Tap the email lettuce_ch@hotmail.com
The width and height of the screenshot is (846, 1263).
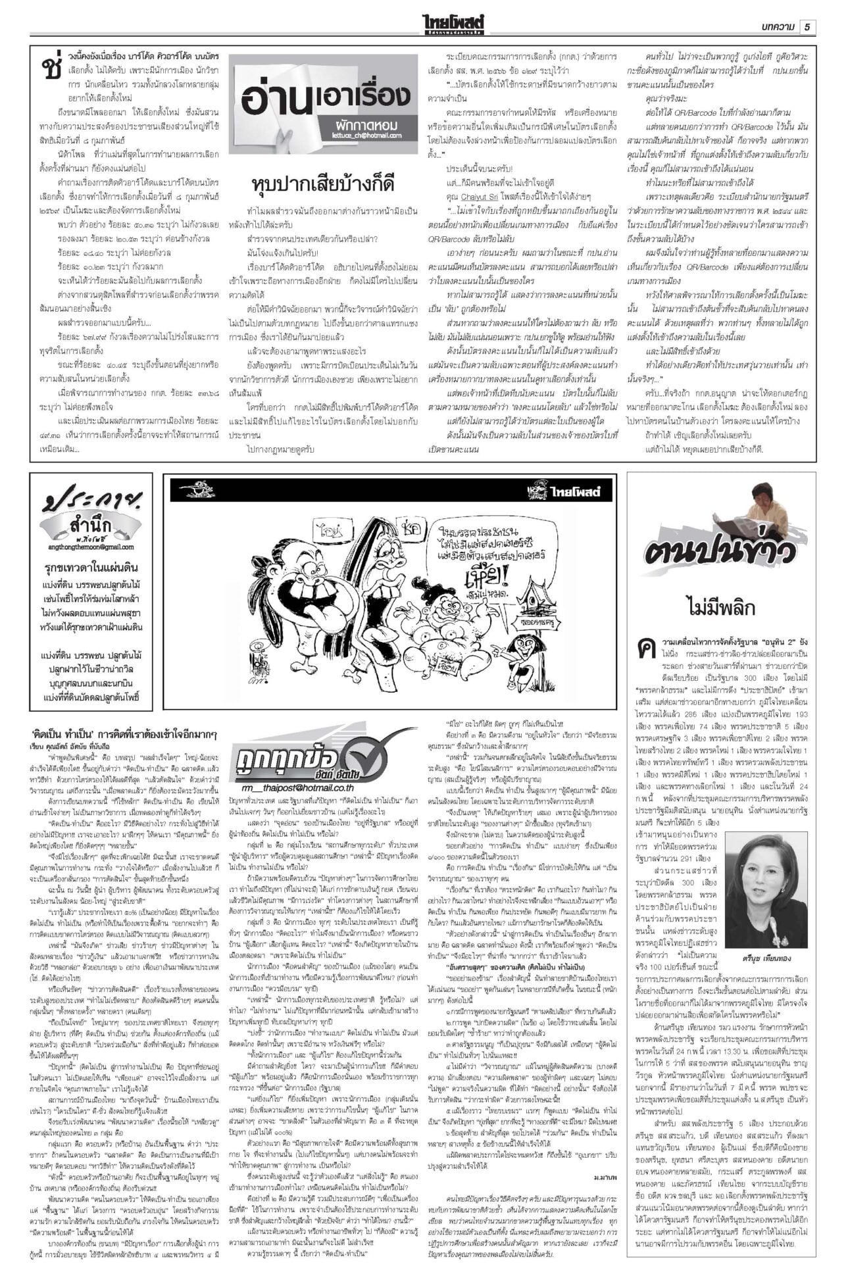(x=366, y=136)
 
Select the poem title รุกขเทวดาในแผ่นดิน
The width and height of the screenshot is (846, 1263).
(x=91, y=568)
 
